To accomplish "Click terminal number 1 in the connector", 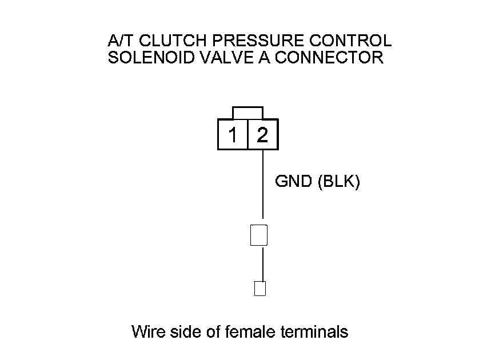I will click(233, 135).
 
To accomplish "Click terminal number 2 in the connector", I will click(262, 135).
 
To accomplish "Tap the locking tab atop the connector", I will click(247, 113).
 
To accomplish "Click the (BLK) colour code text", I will click(337, 182).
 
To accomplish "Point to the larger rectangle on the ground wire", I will click(259, 235).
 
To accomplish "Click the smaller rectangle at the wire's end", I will click(260, 289).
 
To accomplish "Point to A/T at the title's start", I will click(120, 41).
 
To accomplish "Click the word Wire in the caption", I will click(146, 331).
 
